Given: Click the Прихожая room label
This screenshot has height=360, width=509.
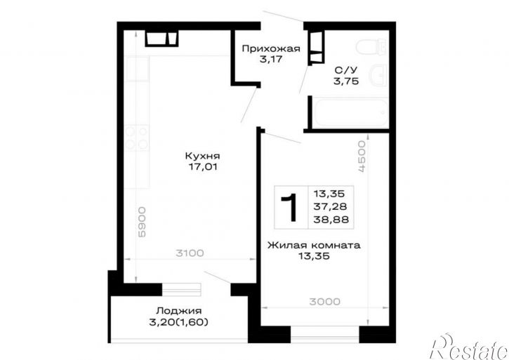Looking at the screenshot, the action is pos(271,49).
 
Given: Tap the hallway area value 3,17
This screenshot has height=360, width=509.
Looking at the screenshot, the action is pos(271,60).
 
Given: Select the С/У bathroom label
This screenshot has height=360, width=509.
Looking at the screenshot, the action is pos(346,69).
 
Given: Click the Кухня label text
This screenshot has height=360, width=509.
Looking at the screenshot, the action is pos(203,156).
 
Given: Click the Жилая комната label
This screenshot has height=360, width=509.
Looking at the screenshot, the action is pos(314,245).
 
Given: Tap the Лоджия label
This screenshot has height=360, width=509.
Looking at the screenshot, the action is pos(178,311).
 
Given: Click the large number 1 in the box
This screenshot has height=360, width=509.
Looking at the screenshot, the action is pos(289,208).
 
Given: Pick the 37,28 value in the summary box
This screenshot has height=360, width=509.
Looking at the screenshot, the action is pos(330,206).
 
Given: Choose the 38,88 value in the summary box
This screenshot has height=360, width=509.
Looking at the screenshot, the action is pos(331,220).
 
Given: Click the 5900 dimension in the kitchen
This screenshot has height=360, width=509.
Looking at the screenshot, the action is pos(142,222).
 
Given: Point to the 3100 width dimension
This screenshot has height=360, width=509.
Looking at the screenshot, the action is pos(190,253).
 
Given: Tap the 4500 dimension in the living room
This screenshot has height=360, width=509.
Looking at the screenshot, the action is pos(362,156).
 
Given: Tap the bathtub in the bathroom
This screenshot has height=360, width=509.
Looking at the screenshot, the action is pos(352,113).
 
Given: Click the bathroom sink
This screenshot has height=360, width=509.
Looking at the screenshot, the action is pos(380,75).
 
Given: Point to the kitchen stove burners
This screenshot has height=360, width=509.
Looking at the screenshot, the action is pos(137,138).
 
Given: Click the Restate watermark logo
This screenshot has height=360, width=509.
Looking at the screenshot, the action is pos(468,347).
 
